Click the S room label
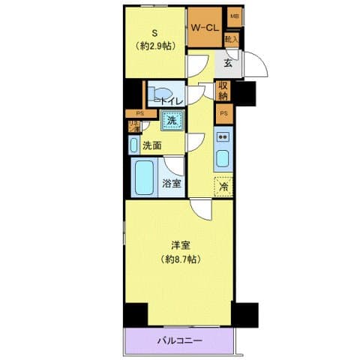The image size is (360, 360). [x=155, y=31]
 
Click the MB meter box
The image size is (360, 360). [x=234, y=16]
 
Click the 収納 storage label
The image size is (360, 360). [x=223, y=91]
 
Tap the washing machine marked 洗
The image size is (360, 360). [x=172, y=120]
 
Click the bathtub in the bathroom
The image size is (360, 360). [x=145, y=178]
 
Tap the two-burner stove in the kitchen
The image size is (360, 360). [x=223, y=136]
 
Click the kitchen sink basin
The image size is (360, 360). [x=223, y=158]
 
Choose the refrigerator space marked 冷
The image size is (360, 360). [x=223, y=186]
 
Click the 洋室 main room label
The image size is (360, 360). [x=178, y=244]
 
